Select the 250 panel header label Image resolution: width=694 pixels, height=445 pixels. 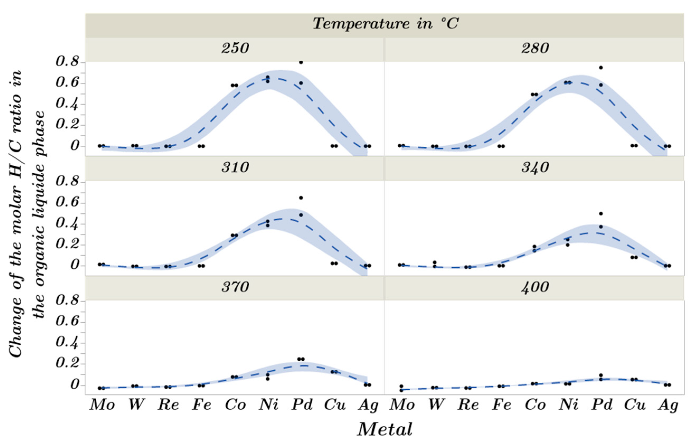pyautogui.click(x=235, y=48)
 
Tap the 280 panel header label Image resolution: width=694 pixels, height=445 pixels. pyautogui.click(x=535, y=48)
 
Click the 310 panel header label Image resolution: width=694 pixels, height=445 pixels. pyautogui.click(x=235, y=168)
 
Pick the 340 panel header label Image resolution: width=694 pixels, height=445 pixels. pyautogui.click(x=535, y=168)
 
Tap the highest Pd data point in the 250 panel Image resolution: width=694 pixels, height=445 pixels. pyautogui.click(x=301, y=62)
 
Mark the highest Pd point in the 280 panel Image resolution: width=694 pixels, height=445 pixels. pyautogui.click(x=601, y=67)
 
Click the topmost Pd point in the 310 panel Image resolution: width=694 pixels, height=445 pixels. pyautogui.click(x=301, y=198)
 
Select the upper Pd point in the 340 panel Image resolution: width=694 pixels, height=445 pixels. pyautogui.click(x=601, y=214)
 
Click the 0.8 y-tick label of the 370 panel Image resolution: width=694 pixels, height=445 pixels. pyautogui.click(x=67, y=301)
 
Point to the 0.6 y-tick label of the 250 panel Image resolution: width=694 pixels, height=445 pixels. pyautogui.click(x=67, y=83)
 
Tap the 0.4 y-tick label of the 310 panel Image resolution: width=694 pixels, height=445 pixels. pyautogui.click(x=67, y=224)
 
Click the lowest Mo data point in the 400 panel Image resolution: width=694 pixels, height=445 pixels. pyautogui.click(x=401, y=390)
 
